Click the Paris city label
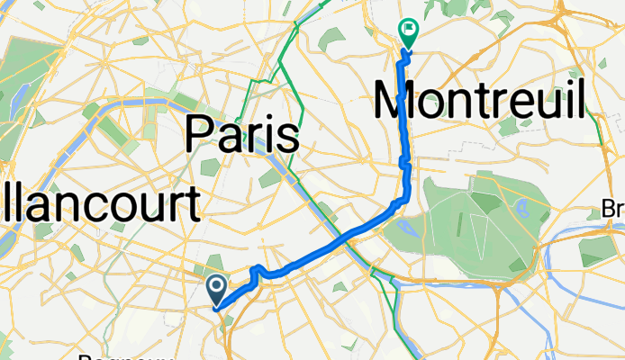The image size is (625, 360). pyautogui.click(x=241, y=136)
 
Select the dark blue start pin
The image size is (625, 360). pyautogui.click(x=217, y=289)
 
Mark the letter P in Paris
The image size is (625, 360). pyautogui.click(x=198, y=136)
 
